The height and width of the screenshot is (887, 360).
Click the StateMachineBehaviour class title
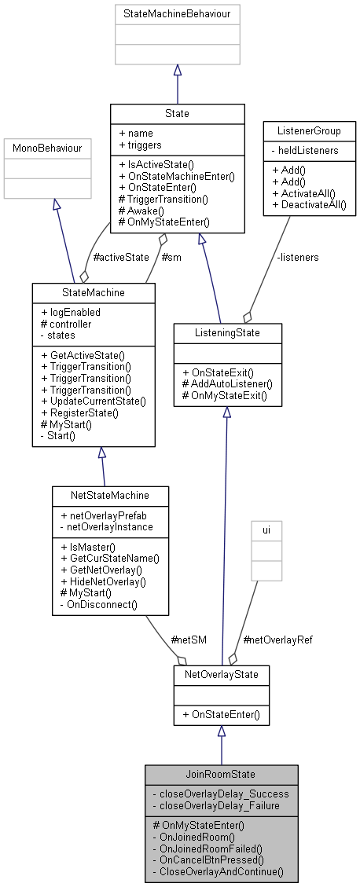pos(178,13)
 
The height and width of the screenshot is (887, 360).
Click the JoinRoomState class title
pos(221,773)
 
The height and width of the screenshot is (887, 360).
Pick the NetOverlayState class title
pos(221,674)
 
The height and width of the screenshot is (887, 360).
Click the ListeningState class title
pos(226,333)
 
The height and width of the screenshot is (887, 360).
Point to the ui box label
pos(266,530)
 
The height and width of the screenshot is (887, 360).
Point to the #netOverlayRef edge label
pos(279,640)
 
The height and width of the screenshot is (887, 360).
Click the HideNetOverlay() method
pos(104,581)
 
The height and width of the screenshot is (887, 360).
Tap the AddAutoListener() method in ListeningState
pos(226,383)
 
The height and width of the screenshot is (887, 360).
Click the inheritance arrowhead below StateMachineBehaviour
pos(178,71)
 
